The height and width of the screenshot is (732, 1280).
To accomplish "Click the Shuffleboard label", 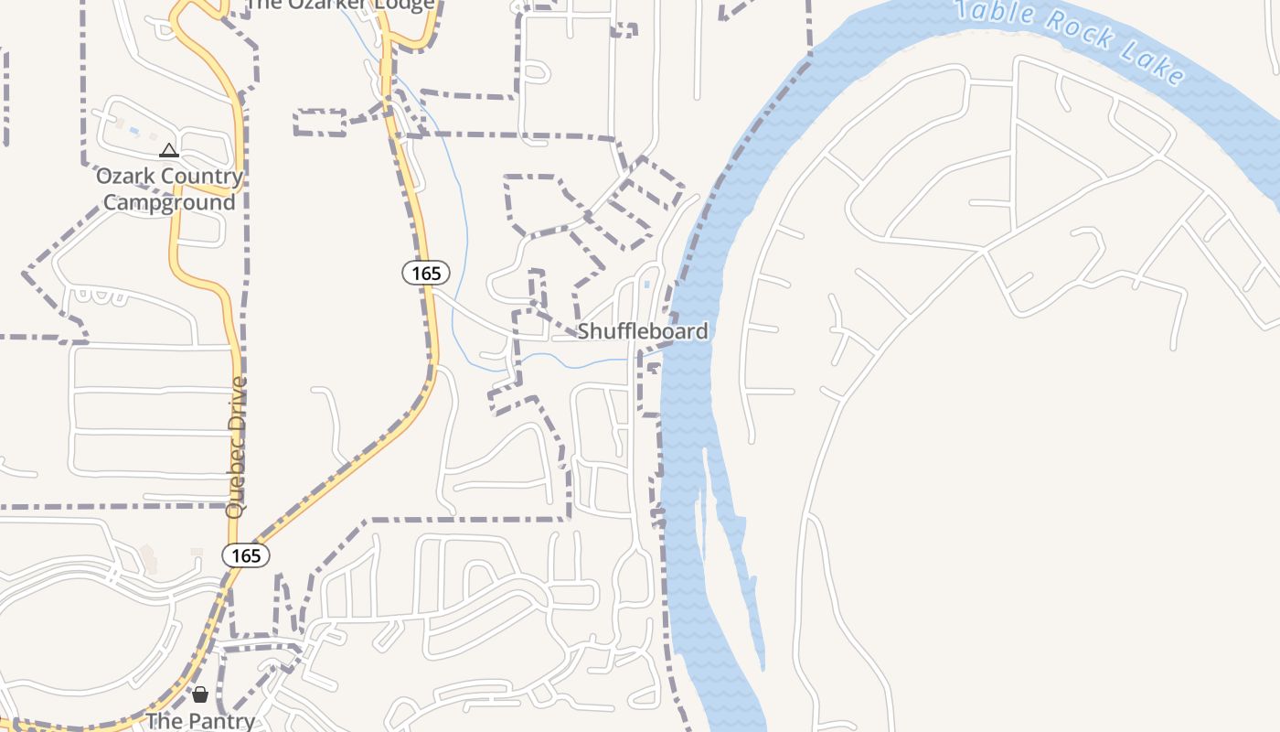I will click(x=643, y=331).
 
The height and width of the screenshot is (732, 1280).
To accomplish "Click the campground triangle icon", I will click(x=169, y=150).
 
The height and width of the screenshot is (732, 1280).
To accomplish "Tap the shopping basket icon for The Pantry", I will click(x=200, y=694).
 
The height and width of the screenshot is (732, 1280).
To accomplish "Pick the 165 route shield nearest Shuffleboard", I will click(x=426, y=273).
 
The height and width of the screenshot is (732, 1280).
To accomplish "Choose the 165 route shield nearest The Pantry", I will click(x=246, y=555).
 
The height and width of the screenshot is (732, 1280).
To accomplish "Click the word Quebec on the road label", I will click(x=236, y=483).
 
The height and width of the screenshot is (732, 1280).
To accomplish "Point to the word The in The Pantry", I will click(x=165, y=721).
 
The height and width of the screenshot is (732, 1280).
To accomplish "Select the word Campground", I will click(x=169, y=202).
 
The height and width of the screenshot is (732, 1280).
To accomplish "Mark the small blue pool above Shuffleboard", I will click(x=647, y=285).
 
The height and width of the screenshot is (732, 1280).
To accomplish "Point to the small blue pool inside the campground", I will click(x=134, y=132).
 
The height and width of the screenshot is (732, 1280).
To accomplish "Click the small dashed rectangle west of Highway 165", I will click(x=320, y=123).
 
